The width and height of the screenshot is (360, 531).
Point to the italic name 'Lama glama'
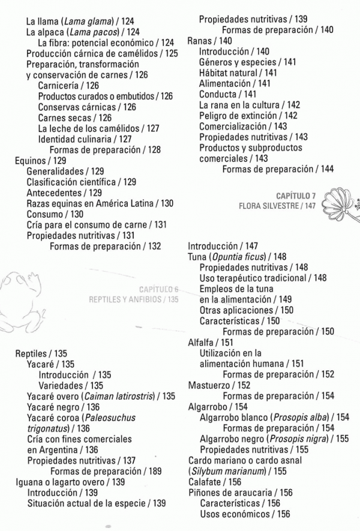pyautogui.click(x=83, y=21)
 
